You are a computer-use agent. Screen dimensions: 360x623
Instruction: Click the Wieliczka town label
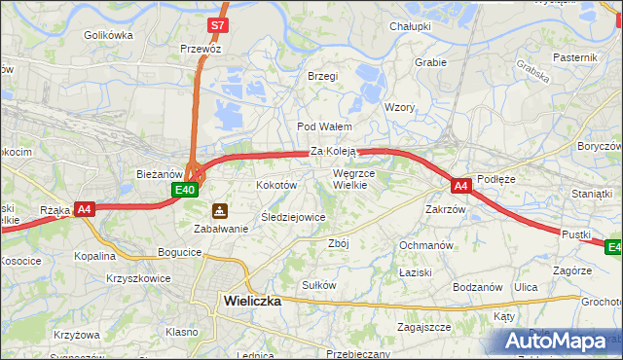tap(252, 301)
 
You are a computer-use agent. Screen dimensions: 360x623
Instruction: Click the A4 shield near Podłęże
tap(460, 185)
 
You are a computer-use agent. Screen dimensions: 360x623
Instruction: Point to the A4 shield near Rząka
tap(85, 208)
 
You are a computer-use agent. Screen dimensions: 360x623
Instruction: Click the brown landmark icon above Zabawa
tap(221, 209)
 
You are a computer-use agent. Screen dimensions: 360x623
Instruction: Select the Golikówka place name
tap(108, 35)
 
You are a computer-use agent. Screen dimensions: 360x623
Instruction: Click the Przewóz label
tap(201, 48)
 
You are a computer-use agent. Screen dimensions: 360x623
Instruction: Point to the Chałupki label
tap(410, 26)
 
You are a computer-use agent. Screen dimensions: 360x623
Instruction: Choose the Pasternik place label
tap(574, 57)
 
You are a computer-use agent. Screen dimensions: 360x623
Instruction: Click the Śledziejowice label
tap(293, 217)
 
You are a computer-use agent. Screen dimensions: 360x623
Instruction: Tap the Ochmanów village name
tap(426, 245)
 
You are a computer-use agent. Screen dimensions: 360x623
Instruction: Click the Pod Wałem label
tap(324, 126)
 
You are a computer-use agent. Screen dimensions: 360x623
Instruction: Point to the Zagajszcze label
tap(423, 328)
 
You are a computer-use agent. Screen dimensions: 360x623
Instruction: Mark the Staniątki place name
tap(592, 194)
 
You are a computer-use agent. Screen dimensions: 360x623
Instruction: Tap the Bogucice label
tap(179, 252)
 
